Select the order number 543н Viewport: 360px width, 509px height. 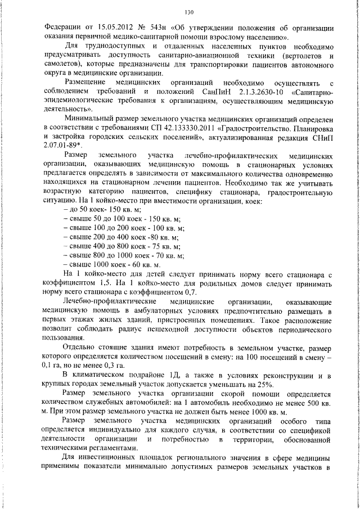click(x=148, y=28)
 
